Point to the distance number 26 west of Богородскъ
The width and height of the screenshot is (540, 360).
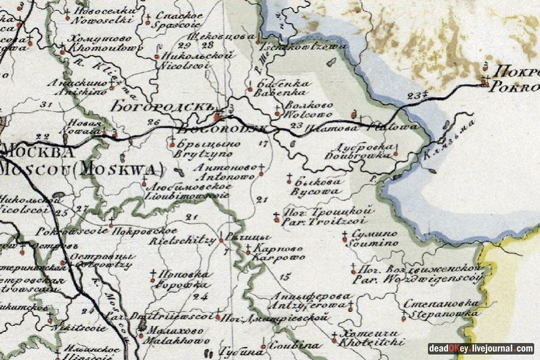click(153, 123)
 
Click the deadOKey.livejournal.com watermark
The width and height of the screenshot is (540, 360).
click(481, 349)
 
